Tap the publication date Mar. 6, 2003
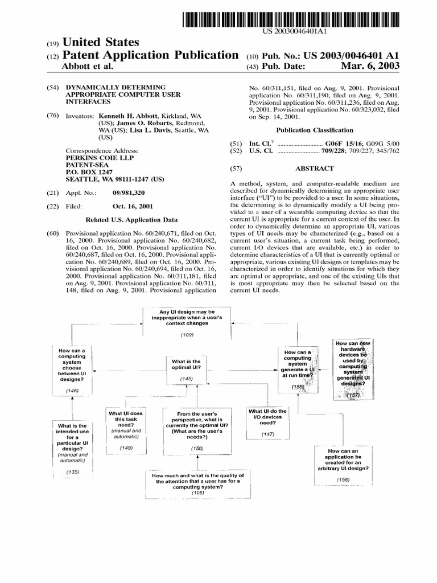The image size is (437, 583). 369,67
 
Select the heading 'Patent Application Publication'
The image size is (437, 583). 149,56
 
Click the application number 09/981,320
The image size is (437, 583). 130,194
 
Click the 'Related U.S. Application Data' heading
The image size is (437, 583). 131,220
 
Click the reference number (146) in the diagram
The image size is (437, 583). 72,391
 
